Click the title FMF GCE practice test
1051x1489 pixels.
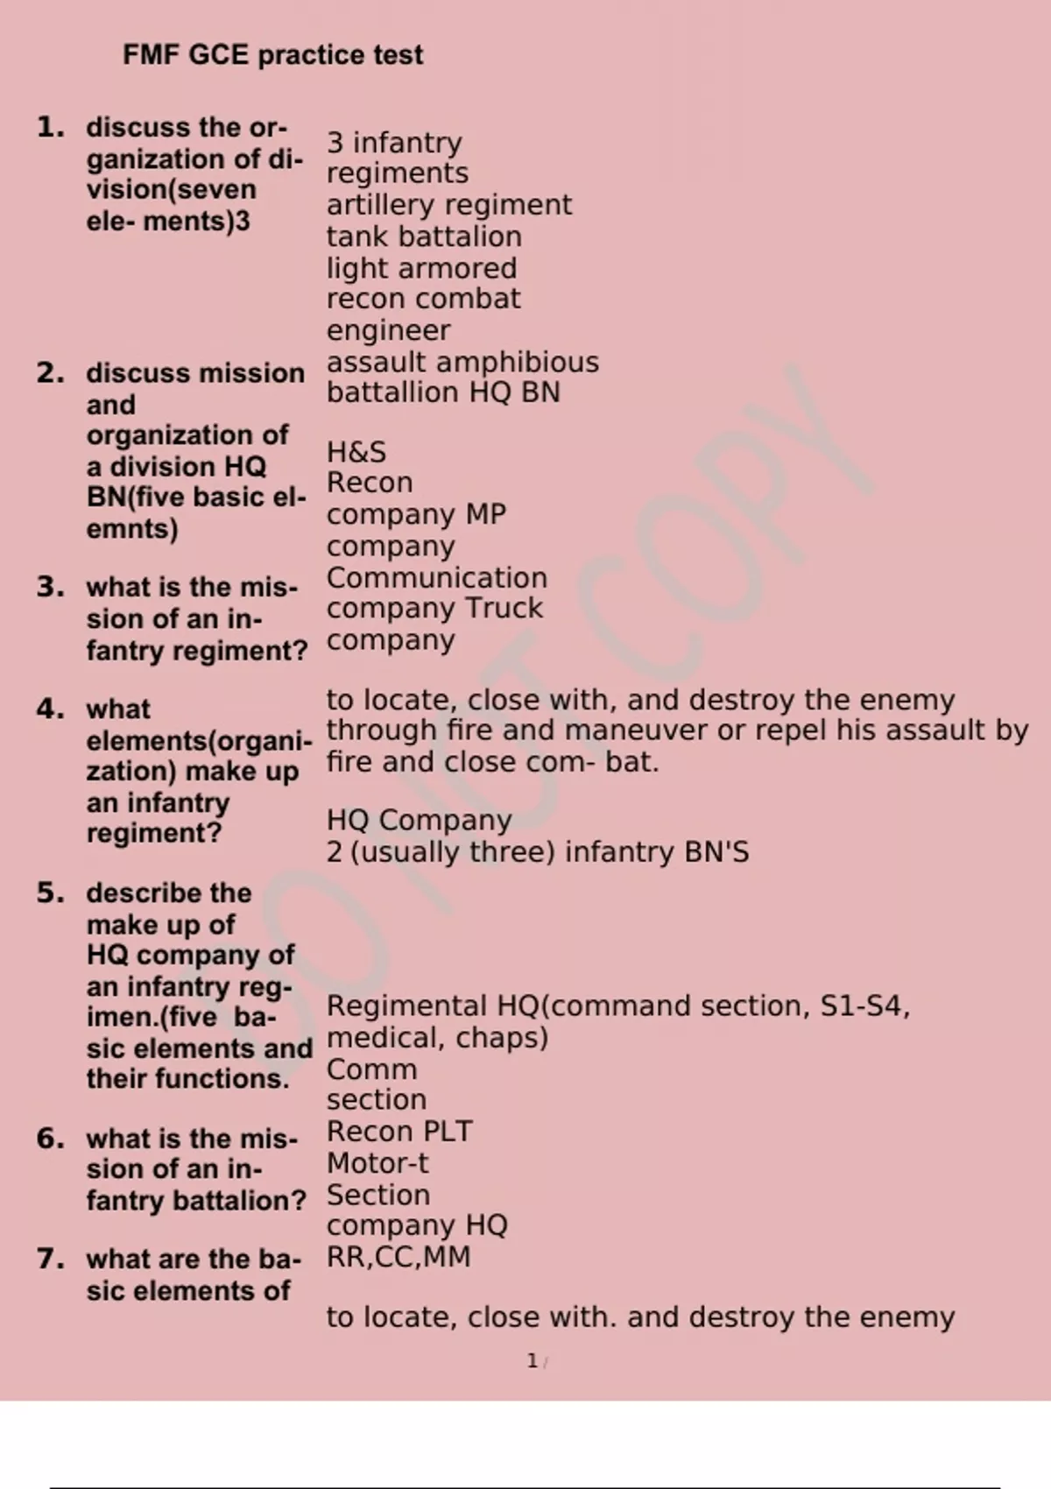point(272,55)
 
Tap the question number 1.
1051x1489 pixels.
point(51,128)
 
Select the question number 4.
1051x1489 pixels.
point(51,709)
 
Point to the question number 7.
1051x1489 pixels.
point(51,1259)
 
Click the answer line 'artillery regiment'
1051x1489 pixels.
point(448,205)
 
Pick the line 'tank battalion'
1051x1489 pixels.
point(424,236)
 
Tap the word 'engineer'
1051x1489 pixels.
point(388,331)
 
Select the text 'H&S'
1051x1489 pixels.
point(356,452)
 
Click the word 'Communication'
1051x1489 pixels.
point(436,578)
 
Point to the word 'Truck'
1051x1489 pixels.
point(504,608)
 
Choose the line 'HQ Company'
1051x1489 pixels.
point(419,821)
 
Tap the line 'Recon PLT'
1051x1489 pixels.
point(399,1132)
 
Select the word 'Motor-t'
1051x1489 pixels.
point(377,1163)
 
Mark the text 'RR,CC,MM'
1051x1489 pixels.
point(399,1257)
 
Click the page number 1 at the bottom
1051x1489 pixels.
point(532,1361)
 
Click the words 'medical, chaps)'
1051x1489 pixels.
point(437,1038)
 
